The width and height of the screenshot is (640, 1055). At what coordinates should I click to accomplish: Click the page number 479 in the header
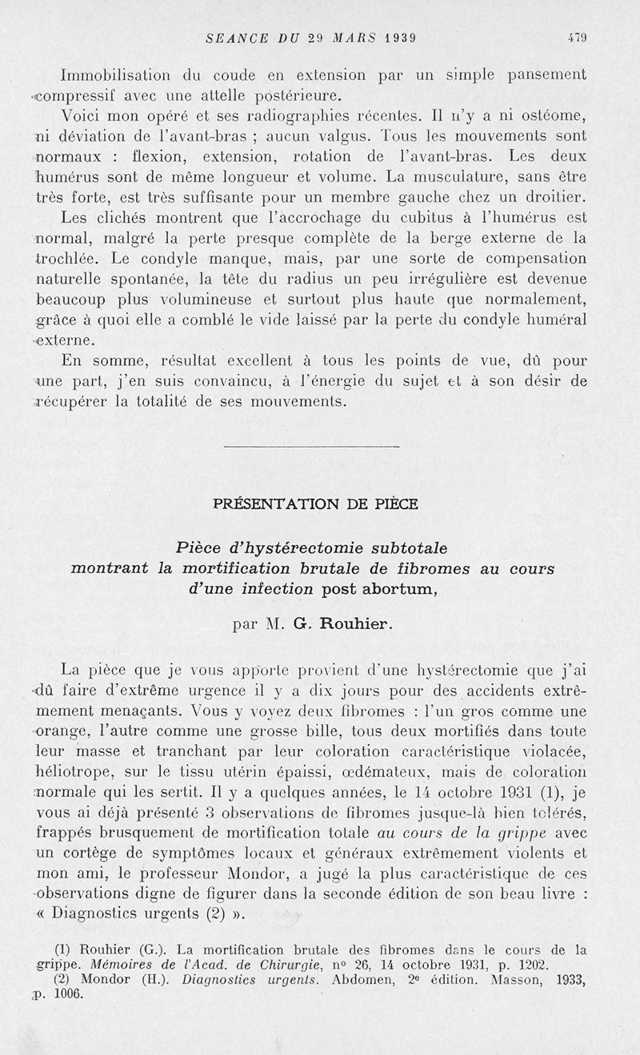(577, 37)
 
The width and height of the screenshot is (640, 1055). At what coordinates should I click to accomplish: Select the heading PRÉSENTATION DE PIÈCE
(314, 504)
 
